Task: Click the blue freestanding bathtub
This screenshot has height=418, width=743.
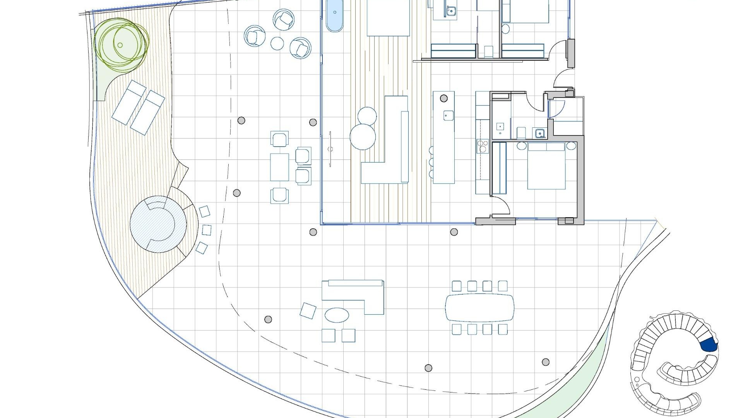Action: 334,15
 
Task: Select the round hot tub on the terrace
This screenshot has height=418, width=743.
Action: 158,224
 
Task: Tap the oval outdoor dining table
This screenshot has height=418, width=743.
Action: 479,308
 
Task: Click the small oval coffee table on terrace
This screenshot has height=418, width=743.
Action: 337,315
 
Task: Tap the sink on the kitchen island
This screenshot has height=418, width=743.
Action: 448,115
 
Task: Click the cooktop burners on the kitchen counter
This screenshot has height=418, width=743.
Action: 483,146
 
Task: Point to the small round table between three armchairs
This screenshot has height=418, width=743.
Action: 277,43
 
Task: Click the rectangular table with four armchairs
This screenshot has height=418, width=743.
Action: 279,167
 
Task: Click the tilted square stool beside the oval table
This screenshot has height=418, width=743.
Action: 308,311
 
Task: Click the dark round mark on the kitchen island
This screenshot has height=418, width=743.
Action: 444,98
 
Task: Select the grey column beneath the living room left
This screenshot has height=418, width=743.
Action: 313,232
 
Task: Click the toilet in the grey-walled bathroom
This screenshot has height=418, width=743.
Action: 521,133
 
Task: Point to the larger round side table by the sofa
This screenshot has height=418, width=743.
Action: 363,136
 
